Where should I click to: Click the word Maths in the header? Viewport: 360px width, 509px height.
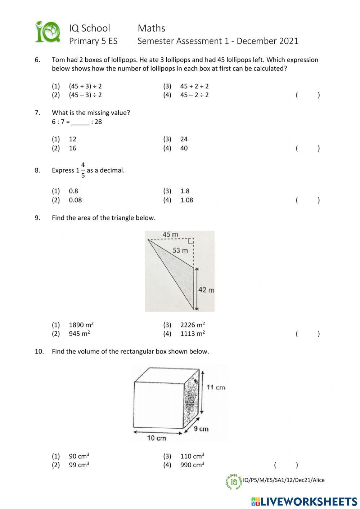click(x=151, y=28)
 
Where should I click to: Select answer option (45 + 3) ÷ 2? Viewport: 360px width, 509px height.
click(x=85, y=86)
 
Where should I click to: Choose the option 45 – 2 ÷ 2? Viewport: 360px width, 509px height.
click(x=194, y=95)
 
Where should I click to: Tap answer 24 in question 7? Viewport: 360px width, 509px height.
click(x=184, y=139)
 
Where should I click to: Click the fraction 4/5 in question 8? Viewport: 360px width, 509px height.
click(x=83, y=170)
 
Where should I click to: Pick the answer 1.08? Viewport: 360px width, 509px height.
click(x=186, y=200)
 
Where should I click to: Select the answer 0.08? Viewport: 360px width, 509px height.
click(x=75, y=200)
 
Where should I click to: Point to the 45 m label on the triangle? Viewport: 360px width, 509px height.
click(x=170, y=235)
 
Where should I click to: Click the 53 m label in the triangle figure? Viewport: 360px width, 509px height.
click(x=180, y=250)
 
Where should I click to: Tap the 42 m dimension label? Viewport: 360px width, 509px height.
click(x=206, y=290)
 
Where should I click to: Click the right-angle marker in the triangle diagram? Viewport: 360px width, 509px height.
click(x=191, y=241)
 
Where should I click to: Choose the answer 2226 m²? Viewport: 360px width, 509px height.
click(x=193, y=325)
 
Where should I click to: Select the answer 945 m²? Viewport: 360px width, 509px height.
click(x=79, y=334)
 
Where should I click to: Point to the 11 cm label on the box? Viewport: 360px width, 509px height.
click(x=216, y=387)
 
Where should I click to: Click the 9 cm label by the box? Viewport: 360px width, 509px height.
click(x=201, y=429)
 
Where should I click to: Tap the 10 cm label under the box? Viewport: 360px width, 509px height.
click(x=157, y=438)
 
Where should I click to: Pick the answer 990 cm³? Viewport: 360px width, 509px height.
click(x=192, y=465)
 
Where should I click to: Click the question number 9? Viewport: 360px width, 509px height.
click(x=37, y=218)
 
